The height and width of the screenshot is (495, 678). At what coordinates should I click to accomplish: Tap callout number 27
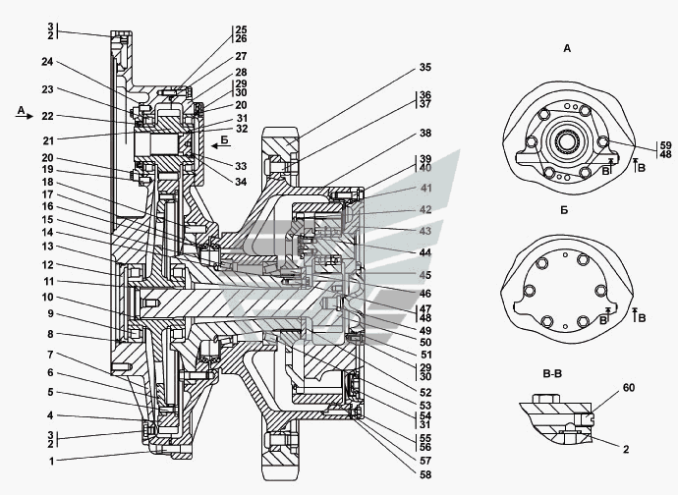[x=241, y=56]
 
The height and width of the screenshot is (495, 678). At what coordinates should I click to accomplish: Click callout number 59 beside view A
[x=638, y=146]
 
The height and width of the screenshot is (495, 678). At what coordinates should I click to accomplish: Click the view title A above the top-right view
[x=568, y=47]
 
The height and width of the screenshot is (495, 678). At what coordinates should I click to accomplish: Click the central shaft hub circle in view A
[x=566, y=139]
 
